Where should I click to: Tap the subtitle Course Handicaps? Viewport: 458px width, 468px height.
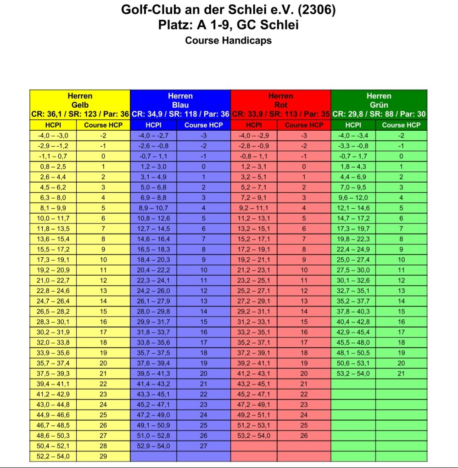pos(228,40)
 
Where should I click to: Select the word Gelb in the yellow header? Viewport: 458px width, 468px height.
pos(80,105)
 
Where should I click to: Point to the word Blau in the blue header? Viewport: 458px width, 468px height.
pos(180,105)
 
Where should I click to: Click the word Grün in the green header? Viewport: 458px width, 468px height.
pos(379,105)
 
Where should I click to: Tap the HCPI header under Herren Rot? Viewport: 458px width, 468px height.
pos(253,125)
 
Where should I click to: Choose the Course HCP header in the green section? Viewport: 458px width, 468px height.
pos(401,125)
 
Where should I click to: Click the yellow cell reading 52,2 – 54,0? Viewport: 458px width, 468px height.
pos(53,457)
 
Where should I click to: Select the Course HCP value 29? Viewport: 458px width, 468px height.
pos(103,457)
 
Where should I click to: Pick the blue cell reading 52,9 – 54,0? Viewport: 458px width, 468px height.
pos(153,446)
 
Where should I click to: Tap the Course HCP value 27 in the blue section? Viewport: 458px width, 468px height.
pos(203,446)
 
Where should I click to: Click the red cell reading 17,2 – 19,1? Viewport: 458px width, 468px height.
pos(253,250)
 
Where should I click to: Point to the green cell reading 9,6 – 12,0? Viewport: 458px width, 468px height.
pos(353,198)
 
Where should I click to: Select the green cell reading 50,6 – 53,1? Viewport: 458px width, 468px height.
pos(353,363)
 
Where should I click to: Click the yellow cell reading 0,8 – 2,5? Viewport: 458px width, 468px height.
pos(53,167)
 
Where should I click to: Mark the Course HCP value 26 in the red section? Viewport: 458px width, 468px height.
pos(304,435)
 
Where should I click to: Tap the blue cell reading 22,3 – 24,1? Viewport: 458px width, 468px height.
pos(153,280)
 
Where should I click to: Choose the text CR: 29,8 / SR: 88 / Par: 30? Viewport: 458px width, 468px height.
pos(379,114)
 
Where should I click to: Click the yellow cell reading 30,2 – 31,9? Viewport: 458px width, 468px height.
pos(53,332)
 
